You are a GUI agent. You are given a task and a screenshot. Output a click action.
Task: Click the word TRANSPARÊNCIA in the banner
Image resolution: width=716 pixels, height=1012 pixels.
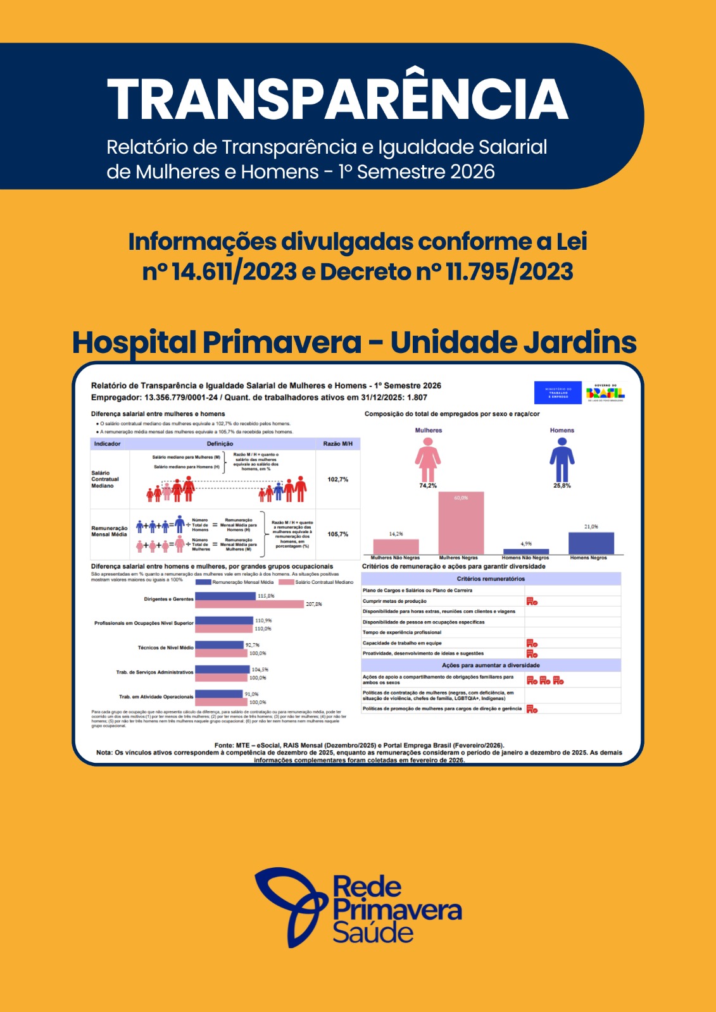tap(337, 99)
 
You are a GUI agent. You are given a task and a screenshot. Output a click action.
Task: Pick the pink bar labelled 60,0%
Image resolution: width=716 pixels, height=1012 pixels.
tap(461, 524)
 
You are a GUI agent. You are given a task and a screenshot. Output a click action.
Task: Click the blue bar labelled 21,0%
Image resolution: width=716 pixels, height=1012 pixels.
tap(591, 543)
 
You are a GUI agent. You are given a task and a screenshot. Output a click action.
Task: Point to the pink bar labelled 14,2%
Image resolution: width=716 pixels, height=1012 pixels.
tap(396, 546)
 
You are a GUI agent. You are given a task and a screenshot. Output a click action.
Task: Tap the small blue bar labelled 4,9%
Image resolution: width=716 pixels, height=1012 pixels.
tap(525, 552)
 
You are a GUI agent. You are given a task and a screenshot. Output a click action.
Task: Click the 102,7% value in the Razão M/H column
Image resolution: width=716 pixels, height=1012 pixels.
tap(338, 479)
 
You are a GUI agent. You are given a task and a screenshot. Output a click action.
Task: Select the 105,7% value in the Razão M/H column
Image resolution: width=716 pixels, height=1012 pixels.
tap(338, 534)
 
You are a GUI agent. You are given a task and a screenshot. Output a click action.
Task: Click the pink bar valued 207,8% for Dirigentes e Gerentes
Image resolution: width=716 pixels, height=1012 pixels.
tap(249, 604)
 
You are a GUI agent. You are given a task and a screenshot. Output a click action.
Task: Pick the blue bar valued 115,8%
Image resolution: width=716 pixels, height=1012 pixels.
tap(225, 596)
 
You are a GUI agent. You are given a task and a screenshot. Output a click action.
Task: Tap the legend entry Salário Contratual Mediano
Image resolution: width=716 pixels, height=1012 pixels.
tap(323, 582)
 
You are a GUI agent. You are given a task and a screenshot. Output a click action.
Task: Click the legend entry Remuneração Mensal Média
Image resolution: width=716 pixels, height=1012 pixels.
tap(242, 582)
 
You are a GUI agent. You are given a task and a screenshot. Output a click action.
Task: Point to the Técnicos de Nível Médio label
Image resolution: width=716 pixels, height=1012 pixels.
tap(165, 648)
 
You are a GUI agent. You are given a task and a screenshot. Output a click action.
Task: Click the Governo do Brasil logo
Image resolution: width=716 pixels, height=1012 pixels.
tap(605, 392)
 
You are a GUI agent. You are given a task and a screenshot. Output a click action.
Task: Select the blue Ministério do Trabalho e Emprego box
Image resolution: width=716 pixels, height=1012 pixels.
tap(558, 392)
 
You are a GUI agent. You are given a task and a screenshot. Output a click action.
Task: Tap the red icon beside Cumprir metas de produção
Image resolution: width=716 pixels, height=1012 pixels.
tap(532, 602)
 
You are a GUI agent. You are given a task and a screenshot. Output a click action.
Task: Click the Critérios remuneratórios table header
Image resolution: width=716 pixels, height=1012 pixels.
tap(491, 579)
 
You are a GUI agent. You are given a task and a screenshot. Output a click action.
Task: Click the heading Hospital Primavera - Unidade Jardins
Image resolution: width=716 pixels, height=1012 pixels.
tap(354, 342)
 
